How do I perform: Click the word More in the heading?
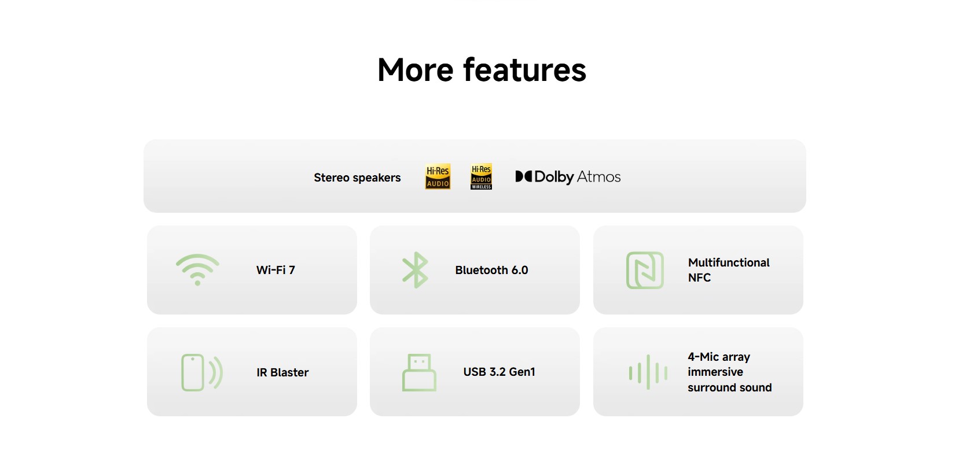[415, 70]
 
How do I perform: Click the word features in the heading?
[525, 70]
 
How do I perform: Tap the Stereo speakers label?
[357, 177]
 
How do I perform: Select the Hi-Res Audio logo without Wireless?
[438, 176]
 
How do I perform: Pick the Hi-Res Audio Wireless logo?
[482, 176]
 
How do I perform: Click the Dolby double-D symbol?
[524, 176]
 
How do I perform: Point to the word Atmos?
[598, 176]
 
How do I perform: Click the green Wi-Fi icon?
[197, 269]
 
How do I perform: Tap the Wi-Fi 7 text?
[276, 270]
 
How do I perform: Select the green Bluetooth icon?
[415, 270]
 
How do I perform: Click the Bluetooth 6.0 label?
[491, 270]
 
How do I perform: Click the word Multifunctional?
[729, 262]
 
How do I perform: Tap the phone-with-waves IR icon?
[201, 372]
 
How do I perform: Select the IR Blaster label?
[282, 372]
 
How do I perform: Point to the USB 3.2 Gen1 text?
[499, 372]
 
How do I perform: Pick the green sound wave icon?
[648, 372]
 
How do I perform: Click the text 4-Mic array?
[719, 357]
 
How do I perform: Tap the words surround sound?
[729, 387]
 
